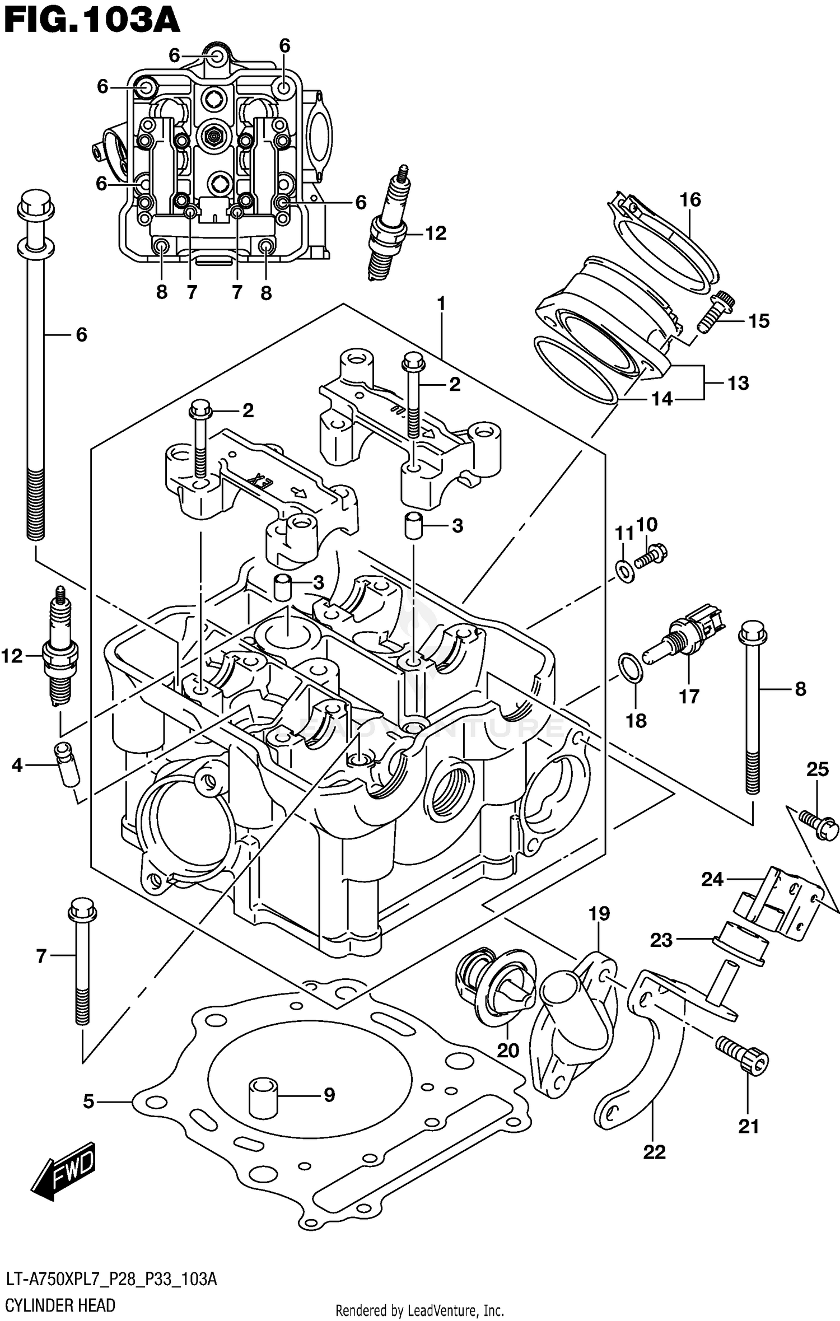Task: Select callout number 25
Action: coord(817,769)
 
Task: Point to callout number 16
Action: coord(690,199)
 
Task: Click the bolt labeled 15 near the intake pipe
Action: coord(715,311)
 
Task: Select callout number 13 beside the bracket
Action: coord(738,384)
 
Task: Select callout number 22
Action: coord(654,1152)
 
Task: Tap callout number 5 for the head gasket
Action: coord(88,1102)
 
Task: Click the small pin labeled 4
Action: coord(66,764)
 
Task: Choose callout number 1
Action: coord(441,304)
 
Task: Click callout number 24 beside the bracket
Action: coord(712,880)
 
